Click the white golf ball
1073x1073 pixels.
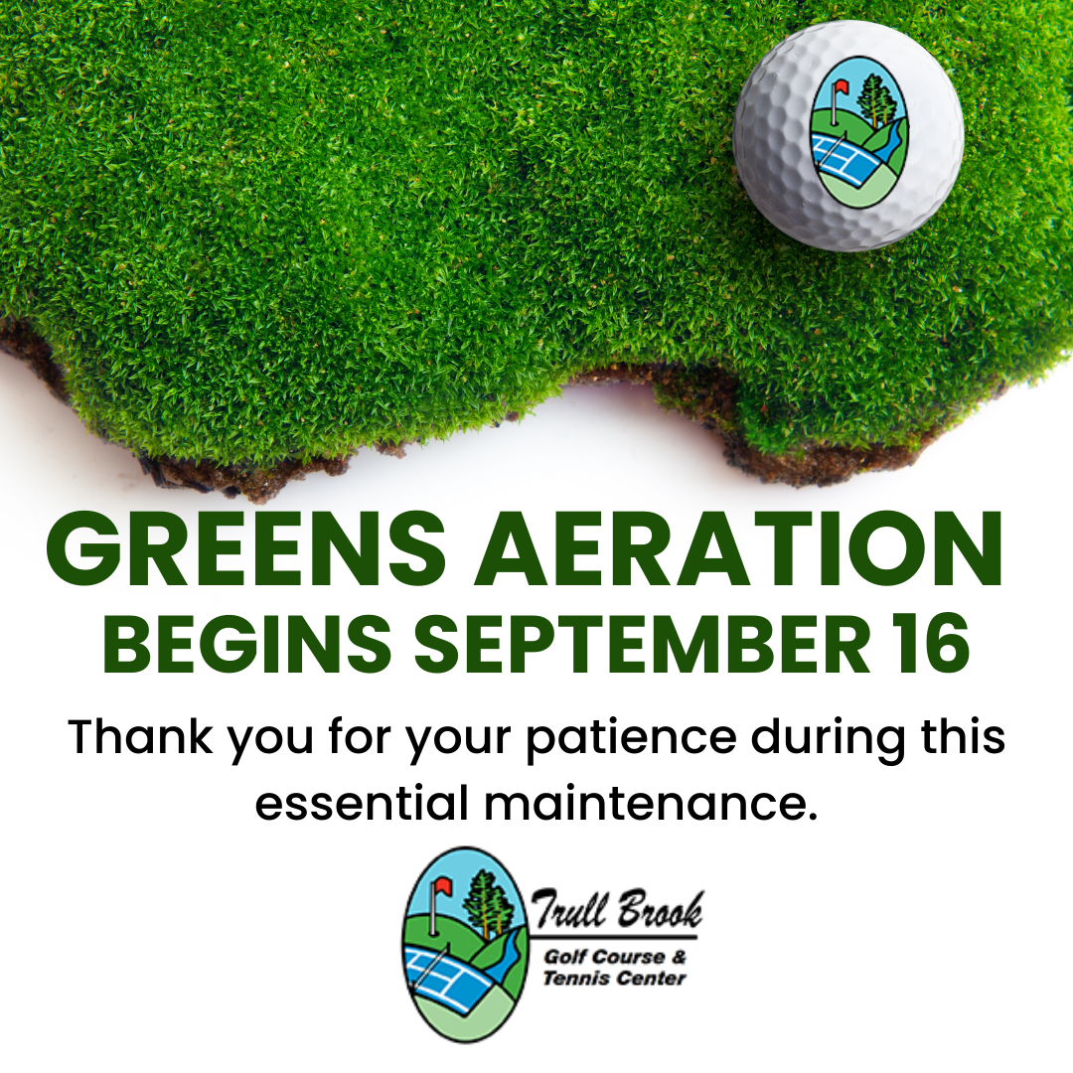click(x=848, y=135)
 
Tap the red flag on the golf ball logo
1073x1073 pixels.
click(x=841, y=86)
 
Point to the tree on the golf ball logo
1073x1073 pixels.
click(x=876, y=99)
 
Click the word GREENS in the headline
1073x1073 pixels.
click(x=246, y=549)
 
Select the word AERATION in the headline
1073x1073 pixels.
click(x=740, y=549)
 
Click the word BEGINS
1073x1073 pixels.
click(x=247, y=644)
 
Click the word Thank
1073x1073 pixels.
click(x=140, y=737)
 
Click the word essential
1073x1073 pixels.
click(x=362, y=803)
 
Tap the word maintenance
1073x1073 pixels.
click(x=651, y=803)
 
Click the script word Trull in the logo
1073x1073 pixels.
click(x=570, y=910)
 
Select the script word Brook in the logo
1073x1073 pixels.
click(x=660, y=910)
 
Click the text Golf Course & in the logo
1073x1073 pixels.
click(x=615, y=957)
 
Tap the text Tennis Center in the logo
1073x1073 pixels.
click(x=615, y=978)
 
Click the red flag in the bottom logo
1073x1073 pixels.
click(x=442, y=886)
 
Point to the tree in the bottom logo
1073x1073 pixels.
click(x=487, y=902)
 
